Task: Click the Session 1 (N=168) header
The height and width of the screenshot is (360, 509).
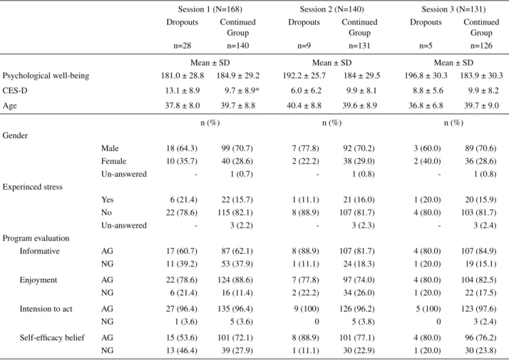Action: (210, 9)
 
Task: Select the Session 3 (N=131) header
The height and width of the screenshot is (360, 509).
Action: (453, 9)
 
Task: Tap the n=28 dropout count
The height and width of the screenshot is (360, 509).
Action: (182, 46)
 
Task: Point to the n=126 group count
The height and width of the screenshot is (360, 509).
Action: (481, 46)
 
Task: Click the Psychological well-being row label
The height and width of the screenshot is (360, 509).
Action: (46, 76)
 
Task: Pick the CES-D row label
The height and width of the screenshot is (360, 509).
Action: (15, 91)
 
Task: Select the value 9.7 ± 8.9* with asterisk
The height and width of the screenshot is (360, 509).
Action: (242, 91)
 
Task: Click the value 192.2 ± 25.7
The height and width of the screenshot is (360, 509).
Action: (304, 76)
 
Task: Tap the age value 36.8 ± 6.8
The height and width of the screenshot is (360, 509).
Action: (426, 106)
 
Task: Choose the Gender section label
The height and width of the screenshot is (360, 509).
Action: (15, 135)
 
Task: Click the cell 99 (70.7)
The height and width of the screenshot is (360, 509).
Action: (237, 148)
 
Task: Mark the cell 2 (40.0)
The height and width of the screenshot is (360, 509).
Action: (427, 161)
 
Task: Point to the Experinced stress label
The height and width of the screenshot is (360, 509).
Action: (33, 187)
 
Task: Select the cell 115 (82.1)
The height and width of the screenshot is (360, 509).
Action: (235, 212)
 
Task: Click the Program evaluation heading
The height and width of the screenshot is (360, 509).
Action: (36, 238)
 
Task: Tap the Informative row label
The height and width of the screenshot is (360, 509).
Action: (40, 251)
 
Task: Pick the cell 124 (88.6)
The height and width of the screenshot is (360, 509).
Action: (235, 280)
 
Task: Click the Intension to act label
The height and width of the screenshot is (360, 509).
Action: (46, 309)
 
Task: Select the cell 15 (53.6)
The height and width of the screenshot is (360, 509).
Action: (182, 338)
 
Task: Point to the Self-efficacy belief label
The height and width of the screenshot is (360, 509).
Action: (52, 338)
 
